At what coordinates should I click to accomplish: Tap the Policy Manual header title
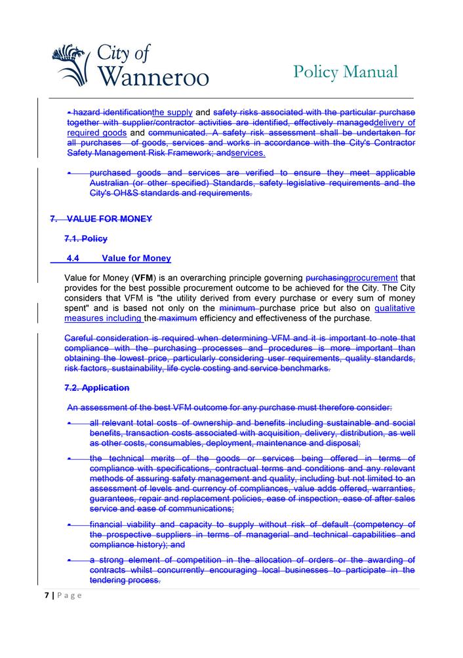(x=345, y=71)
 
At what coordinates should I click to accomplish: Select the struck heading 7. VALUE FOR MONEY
(x=101, y=219)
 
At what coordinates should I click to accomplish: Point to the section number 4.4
(x=73, y=259)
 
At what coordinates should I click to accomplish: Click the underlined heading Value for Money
(x=136, y=259)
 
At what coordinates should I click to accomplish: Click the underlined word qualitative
(x=395, y=308)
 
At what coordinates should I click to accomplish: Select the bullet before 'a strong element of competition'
(x=69, y=560)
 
